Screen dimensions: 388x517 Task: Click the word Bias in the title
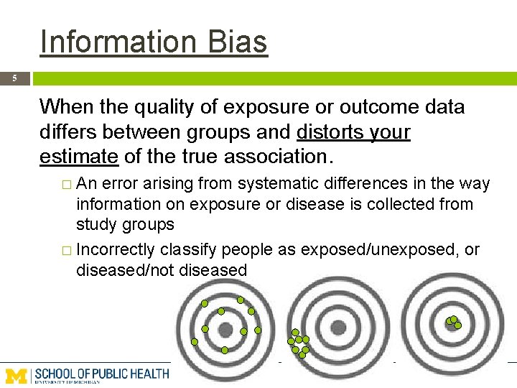[236, 42]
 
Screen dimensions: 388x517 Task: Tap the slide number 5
[14, 78]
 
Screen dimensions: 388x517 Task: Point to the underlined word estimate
[79, 156]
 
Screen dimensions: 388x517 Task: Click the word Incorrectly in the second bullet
[115, 250]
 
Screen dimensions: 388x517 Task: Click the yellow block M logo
[17, 375]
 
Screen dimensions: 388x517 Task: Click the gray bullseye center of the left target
[225, 330]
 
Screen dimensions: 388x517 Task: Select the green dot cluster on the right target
[453, 322]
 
